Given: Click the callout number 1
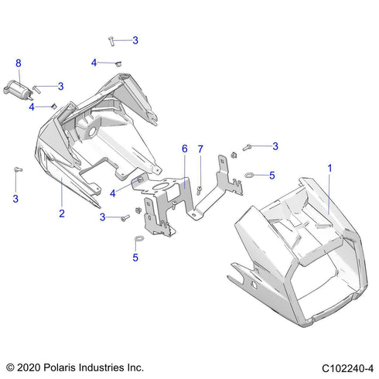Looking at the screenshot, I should point(330,168).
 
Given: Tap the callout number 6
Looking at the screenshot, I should point(184,148).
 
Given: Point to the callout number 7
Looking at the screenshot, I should point(200,148).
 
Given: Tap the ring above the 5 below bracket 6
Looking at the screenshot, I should point(136,237).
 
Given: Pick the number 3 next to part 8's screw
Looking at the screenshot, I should point(61,86).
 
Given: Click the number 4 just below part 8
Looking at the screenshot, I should point(32,107).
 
